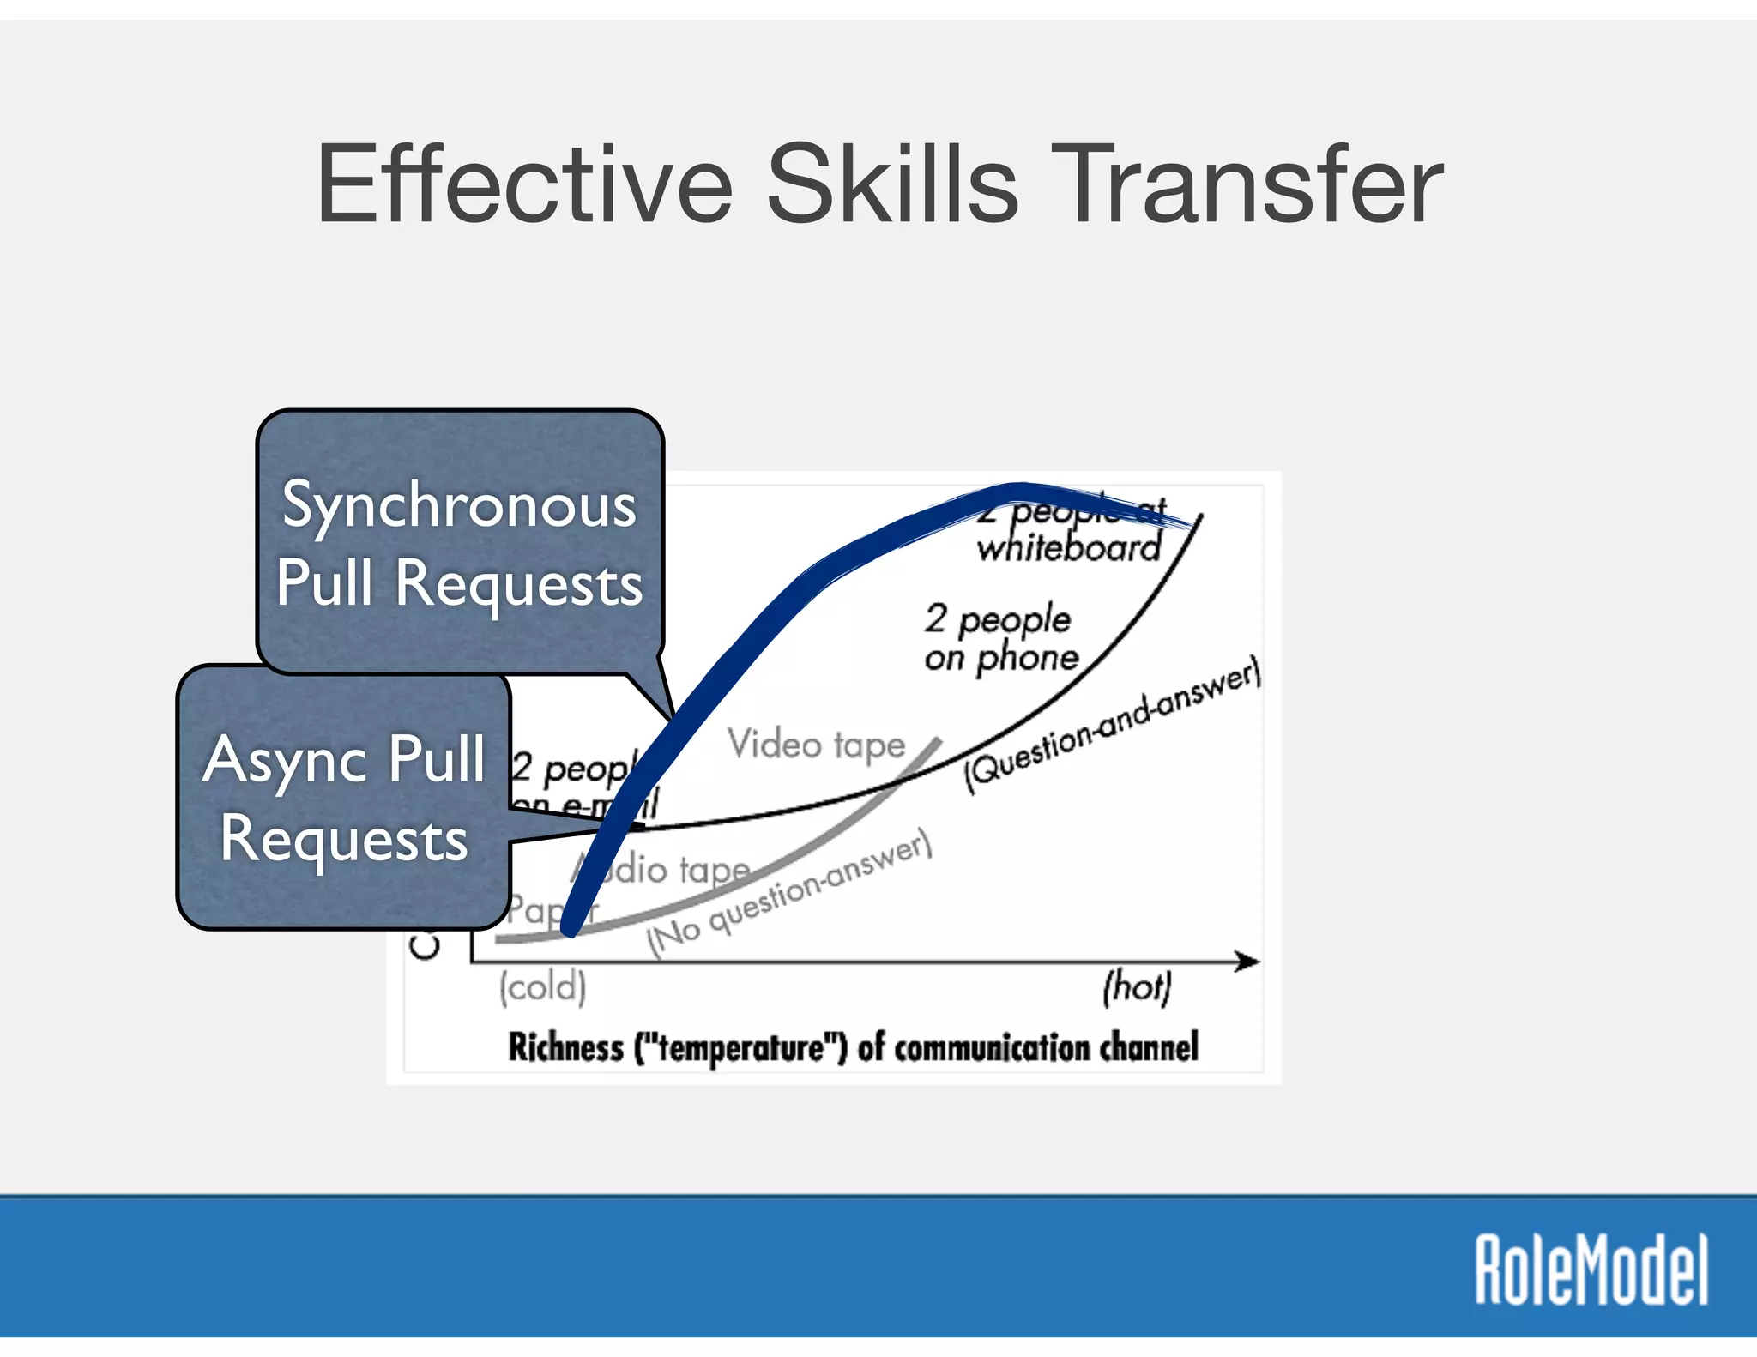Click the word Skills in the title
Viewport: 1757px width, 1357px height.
[892, 184]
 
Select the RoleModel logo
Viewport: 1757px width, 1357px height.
[1592, 1270]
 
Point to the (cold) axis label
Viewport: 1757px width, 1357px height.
[543, 986]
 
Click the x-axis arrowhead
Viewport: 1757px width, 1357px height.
[1248, 962]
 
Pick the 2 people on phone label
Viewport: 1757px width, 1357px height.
[1000, 638]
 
